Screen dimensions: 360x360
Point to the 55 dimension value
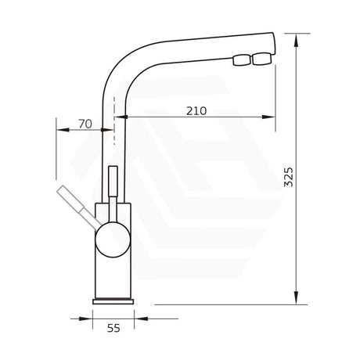(x=113, y=329)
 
